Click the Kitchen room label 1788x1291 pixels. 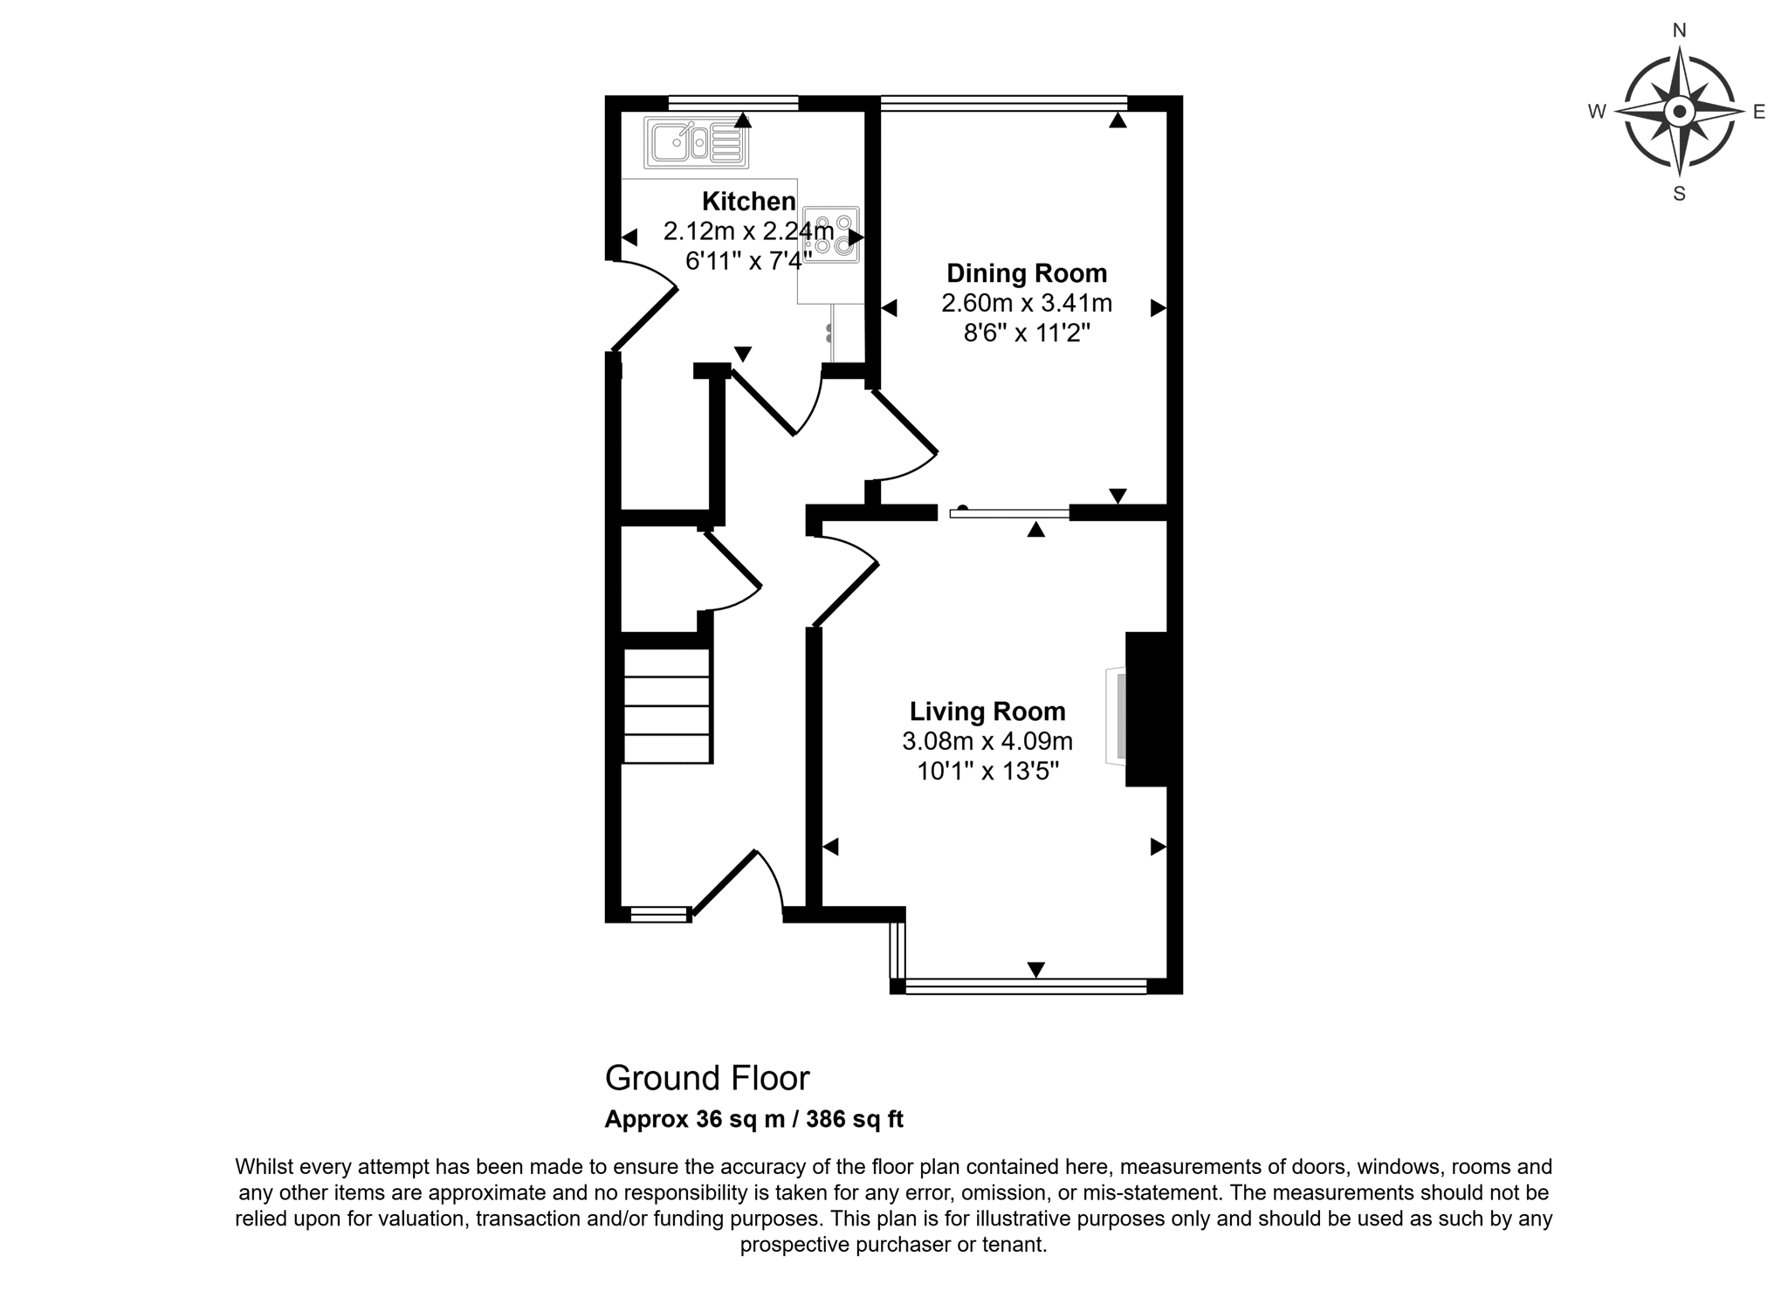click(749, 202)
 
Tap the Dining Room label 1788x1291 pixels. click(1027, 273)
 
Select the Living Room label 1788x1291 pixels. click(987, 711)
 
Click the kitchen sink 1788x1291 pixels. click(696, 142)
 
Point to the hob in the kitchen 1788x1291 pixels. click(831, 235)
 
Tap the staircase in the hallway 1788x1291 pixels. click(667, 706)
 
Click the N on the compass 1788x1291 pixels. click(1679, 31)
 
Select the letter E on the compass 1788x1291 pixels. click(1759, 112)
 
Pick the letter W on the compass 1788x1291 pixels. click(1597, 112)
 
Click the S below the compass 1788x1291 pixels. click(1679, 194)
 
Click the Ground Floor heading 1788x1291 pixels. click(707, 1079)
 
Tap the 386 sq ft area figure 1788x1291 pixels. click(855, 1119)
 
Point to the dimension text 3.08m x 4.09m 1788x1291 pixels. click(987, 742)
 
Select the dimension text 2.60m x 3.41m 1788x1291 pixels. click(1027, 304)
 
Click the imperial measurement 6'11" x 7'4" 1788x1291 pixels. click(749, 261)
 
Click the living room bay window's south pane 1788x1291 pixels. click(1026, 986)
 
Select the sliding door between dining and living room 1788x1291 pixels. click(1009, 513)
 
